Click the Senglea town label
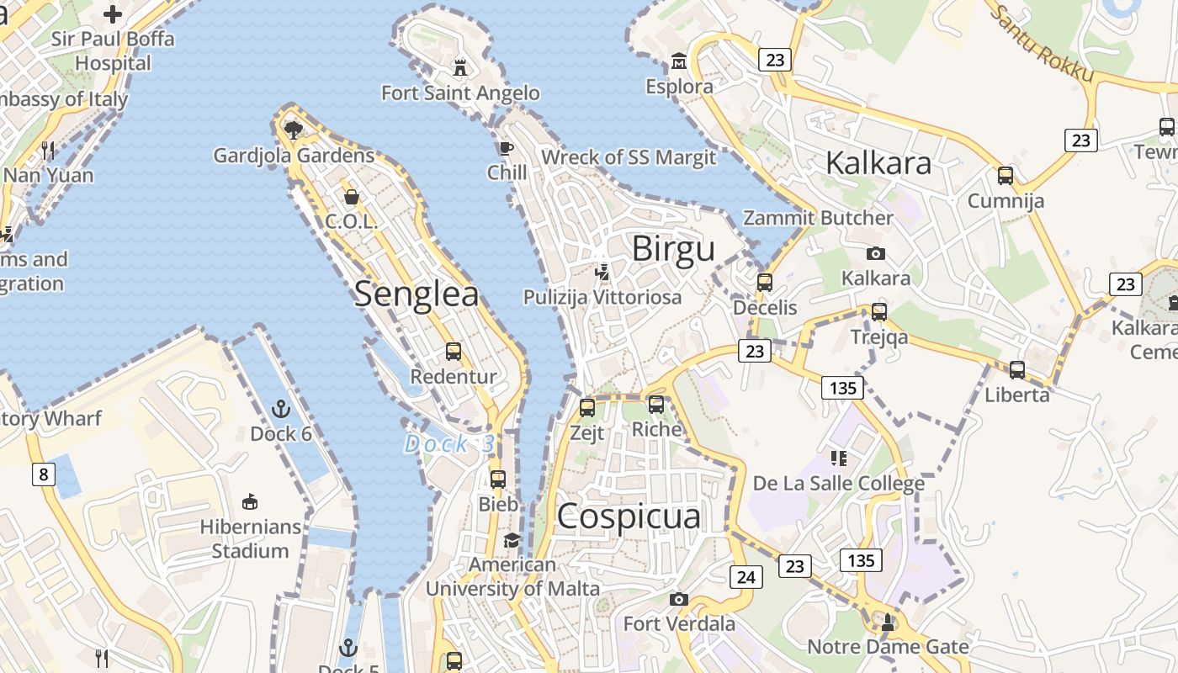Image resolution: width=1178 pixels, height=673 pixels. click(417, 294)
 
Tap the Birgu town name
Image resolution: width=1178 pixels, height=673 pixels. click(673, 248)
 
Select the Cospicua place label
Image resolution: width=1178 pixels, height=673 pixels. click(629, 516)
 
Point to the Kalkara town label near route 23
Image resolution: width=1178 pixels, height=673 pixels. click(878, 162)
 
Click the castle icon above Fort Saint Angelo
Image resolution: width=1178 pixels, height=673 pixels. click(460, 66)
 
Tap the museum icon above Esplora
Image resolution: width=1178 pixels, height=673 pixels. click(679, 61)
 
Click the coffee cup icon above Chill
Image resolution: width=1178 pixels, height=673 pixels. click(506, 149)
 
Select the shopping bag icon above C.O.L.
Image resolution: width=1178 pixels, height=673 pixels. click(352, 197)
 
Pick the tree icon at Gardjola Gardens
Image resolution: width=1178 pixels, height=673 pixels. click(294, 130)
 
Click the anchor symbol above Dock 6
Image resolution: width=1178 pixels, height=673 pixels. click(281, 410)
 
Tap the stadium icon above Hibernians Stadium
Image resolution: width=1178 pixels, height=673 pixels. click(250, 502)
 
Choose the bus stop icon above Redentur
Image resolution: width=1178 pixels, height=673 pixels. click(454, 352)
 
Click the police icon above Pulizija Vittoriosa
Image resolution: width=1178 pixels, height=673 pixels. click(602, 272)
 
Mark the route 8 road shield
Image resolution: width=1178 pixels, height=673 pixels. click(44, 474)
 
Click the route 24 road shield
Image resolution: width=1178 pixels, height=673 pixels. click(746, 576)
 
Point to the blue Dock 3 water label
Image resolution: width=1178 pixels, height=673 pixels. click(449, 443)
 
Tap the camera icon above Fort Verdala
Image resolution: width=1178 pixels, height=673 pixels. click(679, 599)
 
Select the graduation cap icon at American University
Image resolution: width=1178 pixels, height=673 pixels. click(512, 539)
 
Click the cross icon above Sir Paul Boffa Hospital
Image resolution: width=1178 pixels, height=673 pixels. click(113, 14)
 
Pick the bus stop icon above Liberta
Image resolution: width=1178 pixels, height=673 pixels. click(1017, 369)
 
